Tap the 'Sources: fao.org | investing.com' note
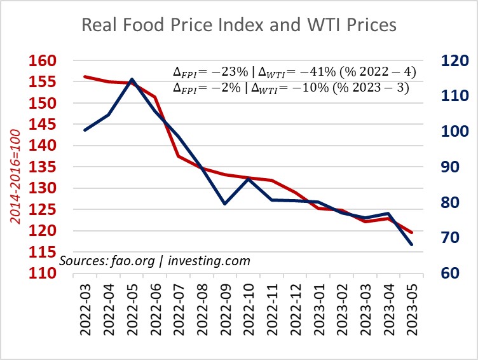tap(155, 261)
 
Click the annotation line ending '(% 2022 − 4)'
tap(290, 72)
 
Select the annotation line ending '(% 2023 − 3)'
tap(290, 88)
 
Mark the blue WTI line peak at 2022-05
tap(132, 80)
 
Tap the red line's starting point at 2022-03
tap(85, 77)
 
